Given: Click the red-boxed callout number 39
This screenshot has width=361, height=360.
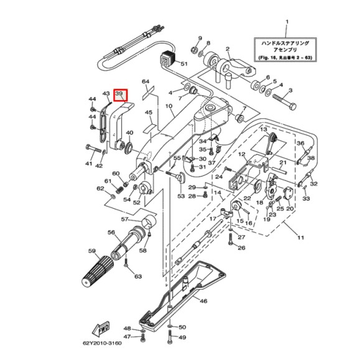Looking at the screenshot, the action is (x=119, y=94).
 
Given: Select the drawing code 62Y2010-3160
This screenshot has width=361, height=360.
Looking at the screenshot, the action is (x=102, y=343).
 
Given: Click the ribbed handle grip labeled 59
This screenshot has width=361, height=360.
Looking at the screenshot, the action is (x=97, y=272).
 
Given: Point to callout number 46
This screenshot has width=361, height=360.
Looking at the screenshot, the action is (x=204, y=301).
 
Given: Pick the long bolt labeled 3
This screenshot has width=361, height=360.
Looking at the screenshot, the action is (x=284, y=102).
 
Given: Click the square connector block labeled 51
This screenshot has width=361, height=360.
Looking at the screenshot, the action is (x=168, y=59).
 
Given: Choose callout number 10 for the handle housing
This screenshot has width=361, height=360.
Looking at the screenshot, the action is (x=169, y=106).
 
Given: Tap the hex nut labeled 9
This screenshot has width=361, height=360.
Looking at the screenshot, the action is (x=194, y=49).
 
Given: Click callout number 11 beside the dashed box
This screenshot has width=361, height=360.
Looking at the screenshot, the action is (x=301, y=237).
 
